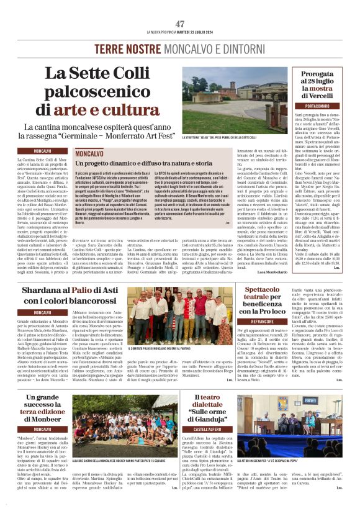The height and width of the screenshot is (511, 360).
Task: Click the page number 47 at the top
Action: pyautogui.click(x=180, y=24)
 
